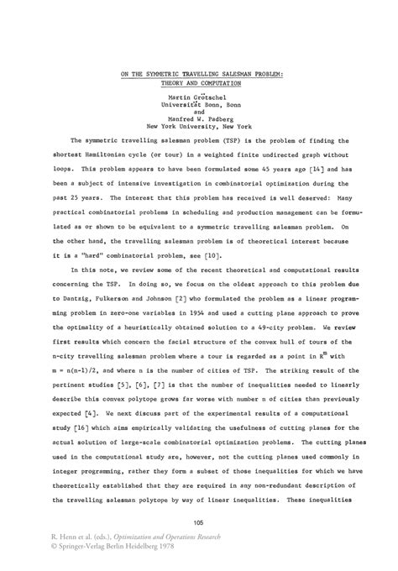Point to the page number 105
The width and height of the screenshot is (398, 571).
coord(198,524)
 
